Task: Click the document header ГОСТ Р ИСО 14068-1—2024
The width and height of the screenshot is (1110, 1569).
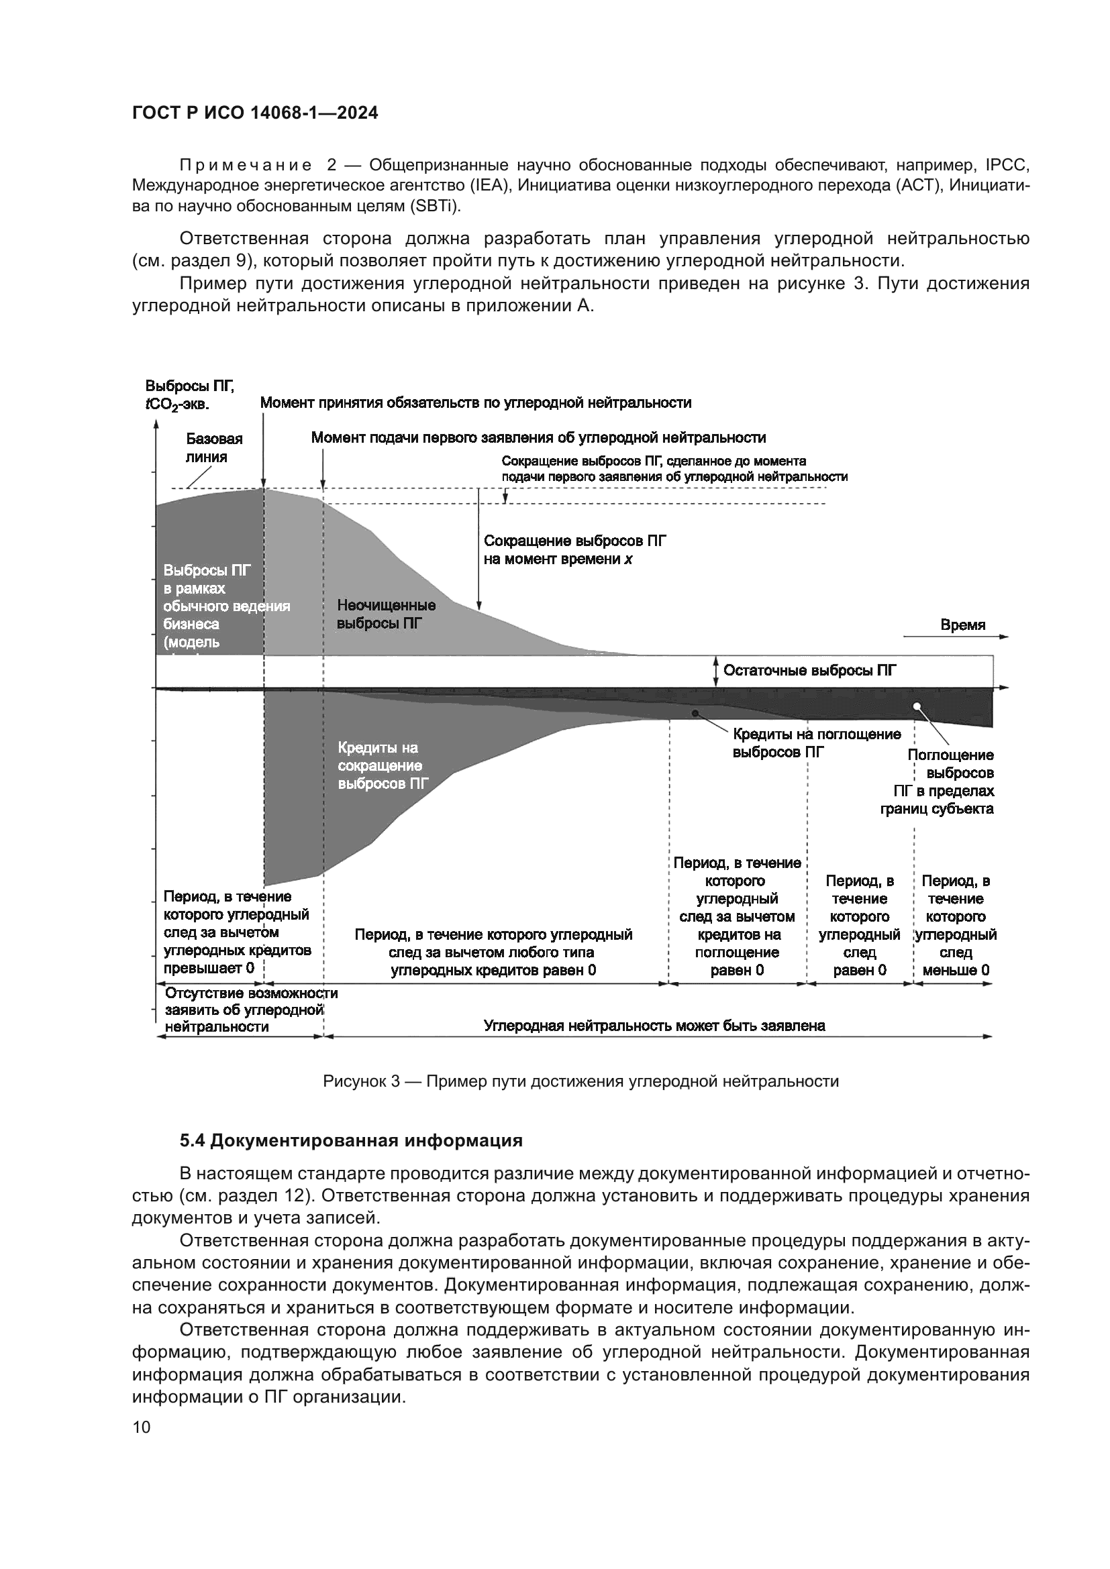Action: [x=255, y=113]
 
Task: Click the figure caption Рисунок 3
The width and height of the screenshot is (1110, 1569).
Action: [x=581, y=1081]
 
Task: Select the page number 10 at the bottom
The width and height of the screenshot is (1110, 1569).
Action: [x=141, y=1427]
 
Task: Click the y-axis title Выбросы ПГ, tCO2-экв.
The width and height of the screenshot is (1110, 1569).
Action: [x=189, y=396]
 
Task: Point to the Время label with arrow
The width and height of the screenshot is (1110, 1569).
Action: [x=962, y=625]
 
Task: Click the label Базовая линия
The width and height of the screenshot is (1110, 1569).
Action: [x=214, y=447]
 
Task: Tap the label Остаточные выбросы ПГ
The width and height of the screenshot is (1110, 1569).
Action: [x=809, y=670]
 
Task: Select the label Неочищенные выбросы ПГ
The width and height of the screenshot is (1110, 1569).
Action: [x=386, y=614]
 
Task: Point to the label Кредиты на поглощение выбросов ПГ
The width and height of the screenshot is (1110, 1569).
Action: [x=816, y=743]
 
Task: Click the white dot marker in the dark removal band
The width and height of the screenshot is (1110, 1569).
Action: [x=917, y=706]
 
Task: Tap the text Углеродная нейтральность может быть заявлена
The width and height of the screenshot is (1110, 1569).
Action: [x=654, y=1025]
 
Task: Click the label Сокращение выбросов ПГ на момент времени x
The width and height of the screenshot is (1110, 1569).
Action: [x=574, y=549]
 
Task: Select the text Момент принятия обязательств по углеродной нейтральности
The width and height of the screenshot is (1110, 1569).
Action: [x=476, y=402]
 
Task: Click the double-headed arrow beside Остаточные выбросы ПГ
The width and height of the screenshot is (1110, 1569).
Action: [x=715, y=670]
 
